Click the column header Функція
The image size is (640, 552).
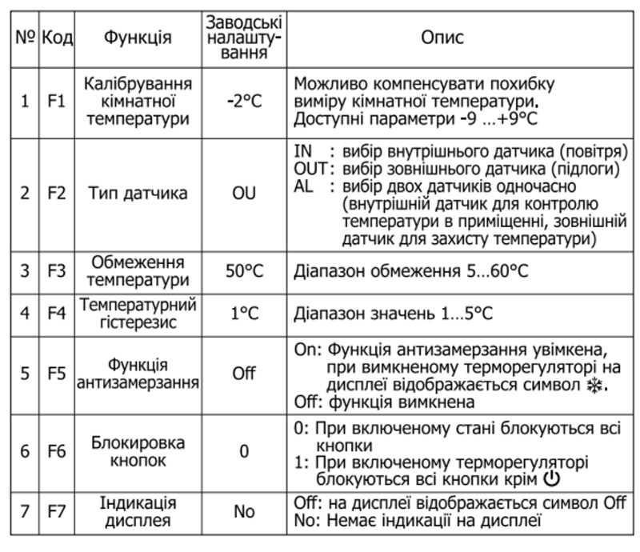135,38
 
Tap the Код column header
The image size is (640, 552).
57,38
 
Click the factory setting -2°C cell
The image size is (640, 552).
243,102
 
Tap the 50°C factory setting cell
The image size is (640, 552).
243,271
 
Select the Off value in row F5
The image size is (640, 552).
243,374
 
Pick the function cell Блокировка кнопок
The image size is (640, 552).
135,451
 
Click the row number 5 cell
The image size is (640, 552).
25,374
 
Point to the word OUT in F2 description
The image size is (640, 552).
309,170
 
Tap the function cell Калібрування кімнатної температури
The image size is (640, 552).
135,102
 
